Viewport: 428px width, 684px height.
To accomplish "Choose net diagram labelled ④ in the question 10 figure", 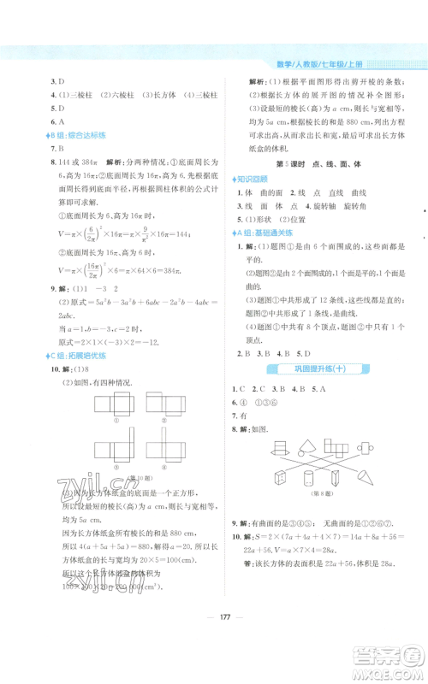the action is (x=166, y=456).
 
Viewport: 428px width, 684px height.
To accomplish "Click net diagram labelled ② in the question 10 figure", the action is (x=165, y=408).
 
